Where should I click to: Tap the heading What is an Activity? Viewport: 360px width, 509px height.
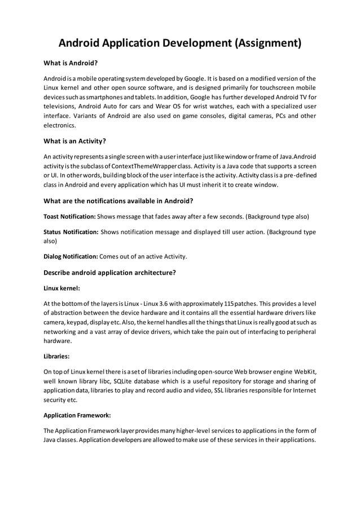click(x=75, y=141)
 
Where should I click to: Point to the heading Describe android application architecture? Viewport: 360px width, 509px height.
click(x=110, y=273)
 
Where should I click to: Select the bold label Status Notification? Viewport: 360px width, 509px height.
click(x=71, y=232)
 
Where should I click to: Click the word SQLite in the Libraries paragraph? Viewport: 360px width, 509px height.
click(x=124, y=381)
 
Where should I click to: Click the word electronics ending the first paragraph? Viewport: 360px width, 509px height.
click(x=59, y=125)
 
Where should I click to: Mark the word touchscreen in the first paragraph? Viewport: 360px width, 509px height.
click(x=273, y=89)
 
